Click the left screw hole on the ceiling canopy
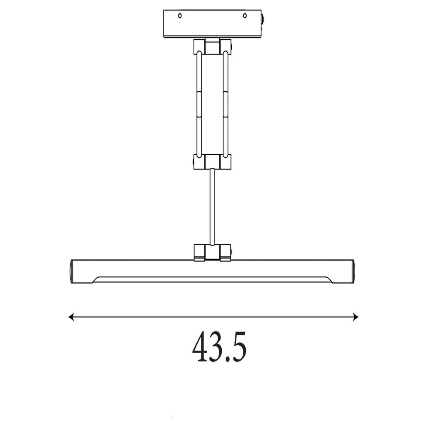180,16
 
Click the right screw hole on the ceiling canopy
245,16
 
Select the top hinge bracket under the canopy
212,47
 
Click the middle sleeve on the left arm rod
199,104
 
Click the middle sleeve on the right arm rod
226,104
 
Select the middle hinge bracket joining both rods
212,162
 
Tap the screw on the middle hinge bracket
194,162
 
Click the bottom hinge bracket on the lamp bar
212,252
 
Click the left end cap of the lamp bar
72,271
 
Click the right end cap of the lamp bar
352,271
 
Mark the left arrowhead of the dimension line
71,317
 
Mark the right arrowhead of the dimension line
355,317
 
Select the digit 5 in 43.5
239,347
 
